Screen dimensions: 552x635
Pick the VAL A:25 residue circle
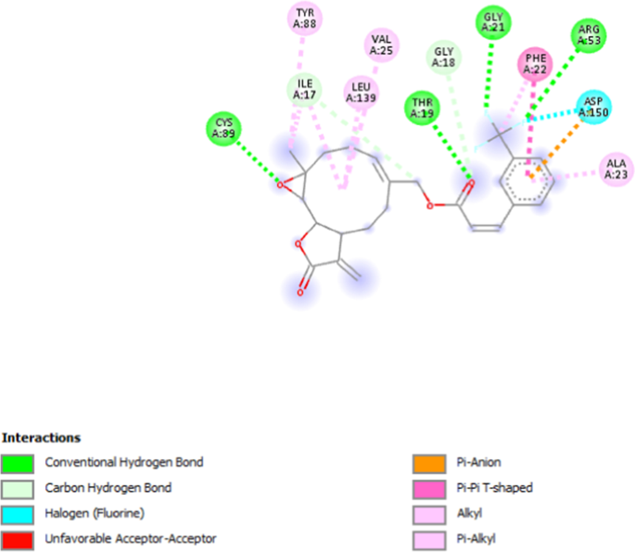coord(381,45)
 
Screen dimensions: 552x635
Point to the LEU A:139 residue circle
coord(361,91)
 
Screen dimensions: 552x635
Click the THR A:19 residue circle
coord(422,107)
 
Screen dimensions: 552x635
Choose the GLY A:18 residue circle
coord(445,56)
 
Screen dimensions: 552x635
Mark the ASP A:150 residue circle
coord(593,107)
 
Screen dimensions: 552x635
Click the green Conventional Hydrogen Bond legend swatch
coord(19,461)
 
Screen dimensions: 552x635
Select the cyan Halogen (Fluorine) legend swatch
coord(19,511)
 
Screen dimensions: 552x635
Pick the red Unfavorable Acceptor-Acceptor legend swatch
coord(19,536)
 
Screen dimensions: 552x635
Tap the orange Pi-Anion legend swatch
coord(428,461)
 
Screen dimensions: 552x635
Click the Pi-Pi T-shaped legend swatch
coord(428,486)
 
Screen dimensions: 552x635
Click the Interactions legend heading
coord(42,437)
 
